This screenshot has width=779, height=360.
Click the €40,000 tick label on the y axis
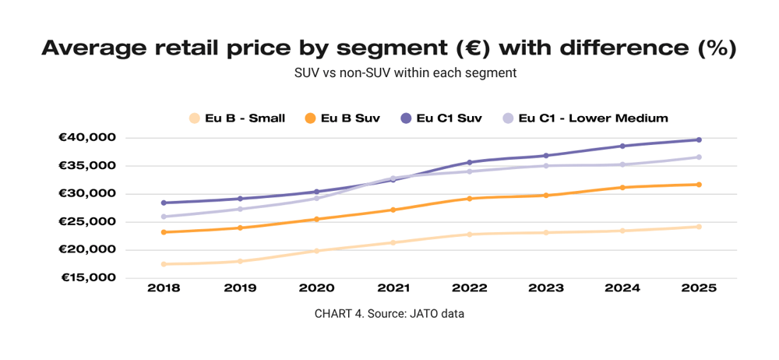click(x=86, y=138)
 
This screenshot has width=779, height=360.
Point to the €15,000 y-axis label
click(x=86, y=277)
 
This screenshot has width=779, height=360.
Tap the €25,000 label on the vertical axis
click(x=86, y=222)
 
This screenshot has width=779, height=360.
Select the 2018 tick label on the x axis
click(x=164, y=288)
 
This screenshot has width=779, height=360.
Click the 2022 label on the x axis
click(x=470, y=288)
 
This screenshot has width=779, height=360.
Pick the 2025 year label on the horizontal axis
click(x=699, y=288)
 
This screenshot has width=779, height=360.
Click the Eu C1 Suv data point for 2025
click(x=699, y=140)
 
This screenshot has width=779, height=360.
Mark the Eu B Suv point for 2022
click(x=470, y=199)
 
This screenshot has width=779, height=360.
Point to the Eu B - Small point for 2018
click(x=164, y=264)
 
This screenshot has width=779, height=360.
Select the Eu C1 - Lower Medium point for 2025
click(x=699, y=157)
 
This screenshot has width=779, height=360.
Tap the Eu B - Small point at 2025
click(x=699, y=227)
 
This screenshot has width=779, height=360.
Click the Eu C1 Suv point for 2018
click(x=164, y=203)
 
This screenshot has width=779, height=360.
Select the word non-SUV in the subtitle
click(x=359, y=73)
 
